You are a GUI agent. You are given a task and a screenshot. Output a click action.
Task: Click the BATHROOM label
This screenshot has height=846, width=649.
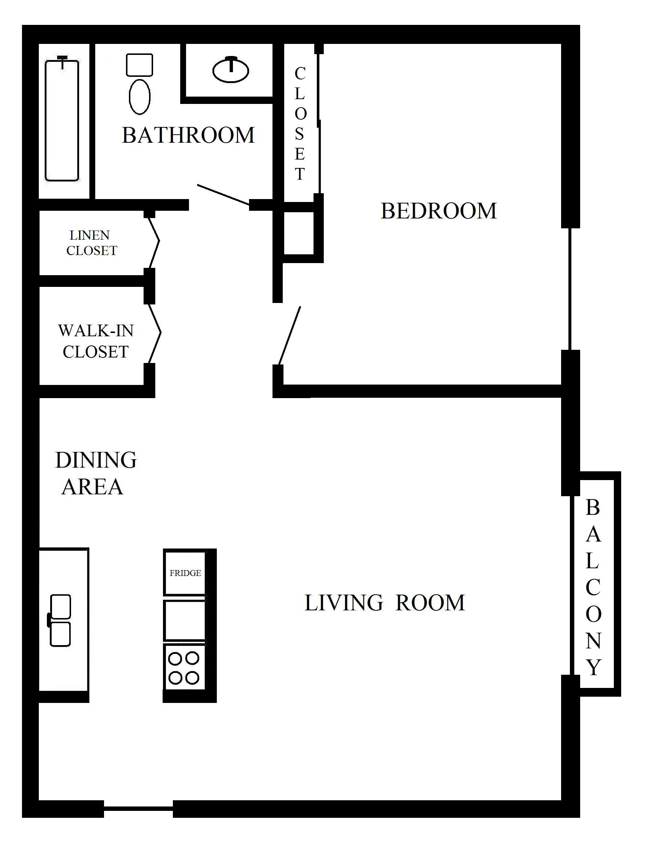click(x=189, y=135)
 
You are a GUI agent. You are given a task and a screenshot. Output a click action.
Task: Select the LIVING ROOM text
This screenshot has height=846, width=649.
click(x=385, y=603)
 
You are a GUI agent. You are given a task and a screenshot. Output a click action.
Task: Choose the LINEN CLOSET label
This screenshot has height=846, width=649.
click(x=92, y=243)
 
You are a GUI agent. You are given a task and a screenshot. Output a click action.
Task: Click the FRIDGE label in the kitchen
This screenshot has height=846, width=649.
click(x=185, y=573)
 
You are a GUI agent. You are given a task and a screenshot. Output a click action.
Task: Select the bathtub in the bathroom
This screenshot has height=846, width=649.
click(x=62, y=119)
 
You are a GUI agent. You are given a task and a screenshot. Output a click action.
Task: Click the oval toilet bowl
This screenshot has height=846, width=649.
click(x=140, y=97)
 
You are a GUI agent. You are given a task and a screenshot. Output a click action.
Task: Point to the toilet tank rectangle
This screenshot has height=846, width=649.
click(x=140, y=65)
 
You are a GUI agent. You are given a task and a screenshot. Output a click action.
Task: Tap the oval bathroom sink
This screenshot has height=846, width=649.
click(x=231, y=70)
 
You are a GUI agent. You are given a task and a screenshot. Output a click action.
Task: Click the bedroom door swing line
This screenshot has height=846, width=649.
click(x=289, y=336)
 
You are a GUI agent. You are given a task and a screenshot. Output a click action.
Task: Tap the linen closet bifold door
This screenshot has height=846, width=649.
click(x=154, y=243)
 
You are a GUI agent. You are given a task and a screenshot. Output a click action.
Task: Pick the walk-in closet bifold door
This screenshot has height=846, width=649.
click(x=155, y=333)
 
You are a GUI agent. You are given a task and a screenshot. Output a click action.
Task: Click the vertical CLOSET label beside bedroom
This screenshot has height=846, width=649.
click(x=300, y=124)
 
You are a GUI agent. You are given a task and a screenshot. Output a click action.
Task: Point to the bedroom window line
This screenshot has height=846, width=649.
click(x=570, y=289)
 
